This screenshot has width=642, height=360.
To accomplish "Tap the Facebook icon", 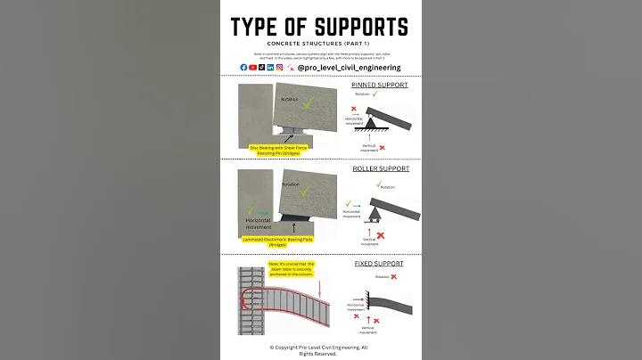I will click(244, 67).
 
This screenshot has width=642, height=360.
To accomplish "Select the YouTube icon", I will click(253, 67).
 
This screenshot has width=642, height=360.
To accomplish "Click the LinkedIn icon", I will click(271, 67).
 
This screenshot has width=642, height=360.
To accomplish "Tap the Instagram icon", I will click(280, 67).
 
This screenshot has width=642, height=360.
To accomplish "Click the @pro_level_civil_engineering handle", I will click(349, 67).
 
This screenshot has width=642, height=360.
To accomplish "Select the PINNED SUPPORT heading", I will click(380, 85).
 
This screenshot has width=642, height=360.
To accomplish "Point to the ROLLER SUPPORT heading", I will click(380, 168).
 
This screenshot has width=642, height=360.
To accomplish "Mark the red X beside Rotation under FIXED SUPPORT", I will click(393, 276).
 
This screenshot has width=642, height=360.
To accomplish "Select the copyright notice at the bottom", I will click(318, 349).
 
